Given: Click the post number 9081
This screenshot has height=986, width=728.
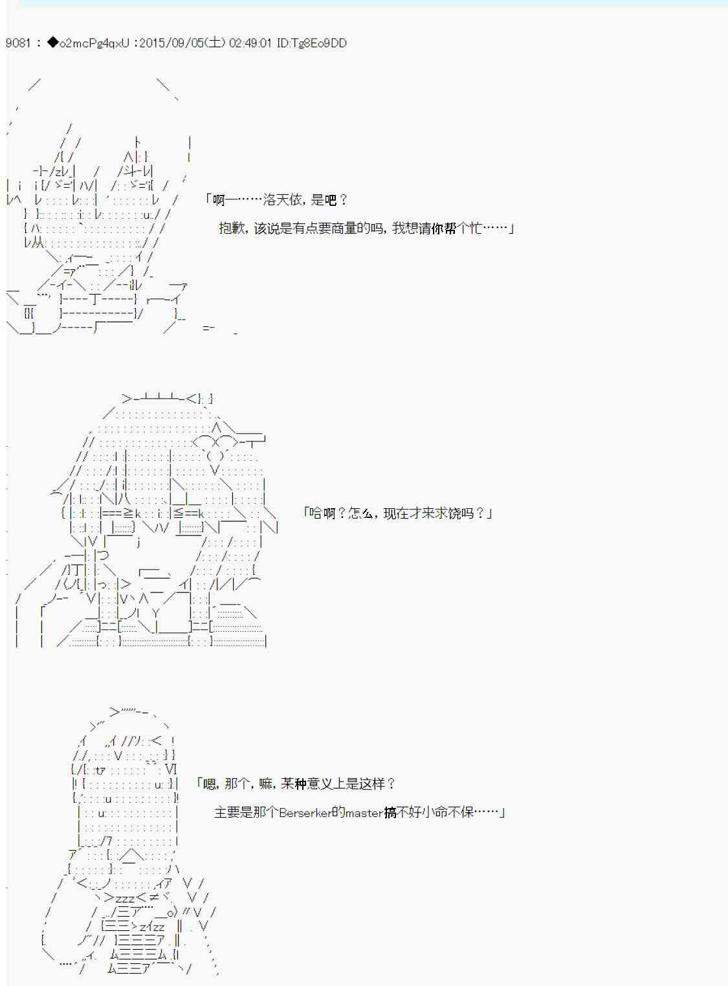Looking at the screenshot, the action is click(18, 43).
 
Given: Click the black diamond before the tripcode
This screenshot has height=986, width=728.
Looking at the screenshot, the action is click(53, 43).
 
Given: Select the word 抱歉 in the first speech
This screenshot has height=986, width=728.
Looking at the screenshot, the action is click(232, 228).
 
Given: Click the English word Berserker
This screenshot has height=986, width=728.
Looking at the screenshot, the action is click(305, 812).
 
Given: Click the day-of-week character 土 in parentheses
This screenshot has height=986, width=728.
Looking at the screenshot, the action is click(215, 43).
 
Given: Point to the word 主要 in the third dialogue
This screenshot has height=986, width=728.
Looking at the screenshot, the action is click(227, 812).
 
